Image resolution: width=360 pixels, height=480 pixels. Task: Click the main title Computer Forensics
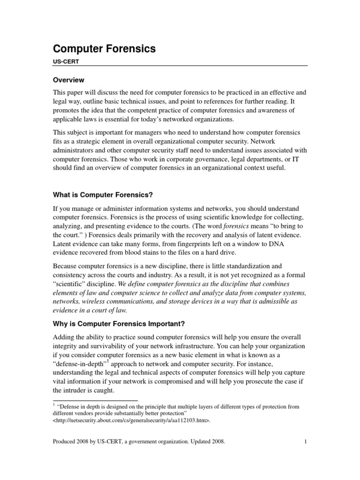pos(104,49)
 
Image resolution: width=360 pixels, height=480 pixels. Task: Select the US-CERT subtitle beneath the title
pos(65,61)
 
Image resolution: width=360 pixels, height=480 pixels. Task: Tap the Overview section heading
pos(68,80)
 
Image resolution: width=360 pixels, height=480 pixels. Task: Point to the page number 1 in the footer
pos(305,441)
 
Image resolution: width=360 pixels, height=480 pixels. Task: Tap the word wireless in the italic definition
pos(97,302)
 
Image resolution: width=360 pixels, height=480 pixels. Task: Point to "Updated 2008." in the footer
pos(205,441)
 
